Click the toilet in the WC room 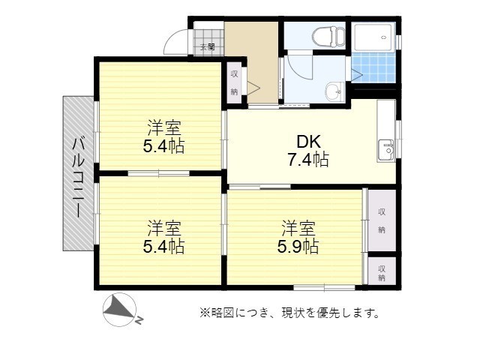328,37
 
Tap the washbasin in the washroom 335,91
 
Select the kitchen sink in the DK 386,150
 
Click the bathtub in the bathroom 373,37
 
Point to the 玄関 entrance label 208,47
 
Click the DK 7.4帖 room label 308,151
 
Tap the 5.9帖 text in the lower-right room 298,247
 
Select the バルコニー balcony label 78,178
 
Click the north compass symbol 120,309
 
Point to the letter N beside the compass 139,320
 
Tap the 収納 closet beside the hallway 234,82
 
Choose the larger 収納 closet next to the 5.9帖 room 382,220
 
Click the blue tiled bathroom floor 373,67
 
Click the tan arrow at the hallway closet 253,88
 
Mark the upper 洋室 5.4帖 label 163,137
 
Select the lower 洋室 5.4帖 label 163,237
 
